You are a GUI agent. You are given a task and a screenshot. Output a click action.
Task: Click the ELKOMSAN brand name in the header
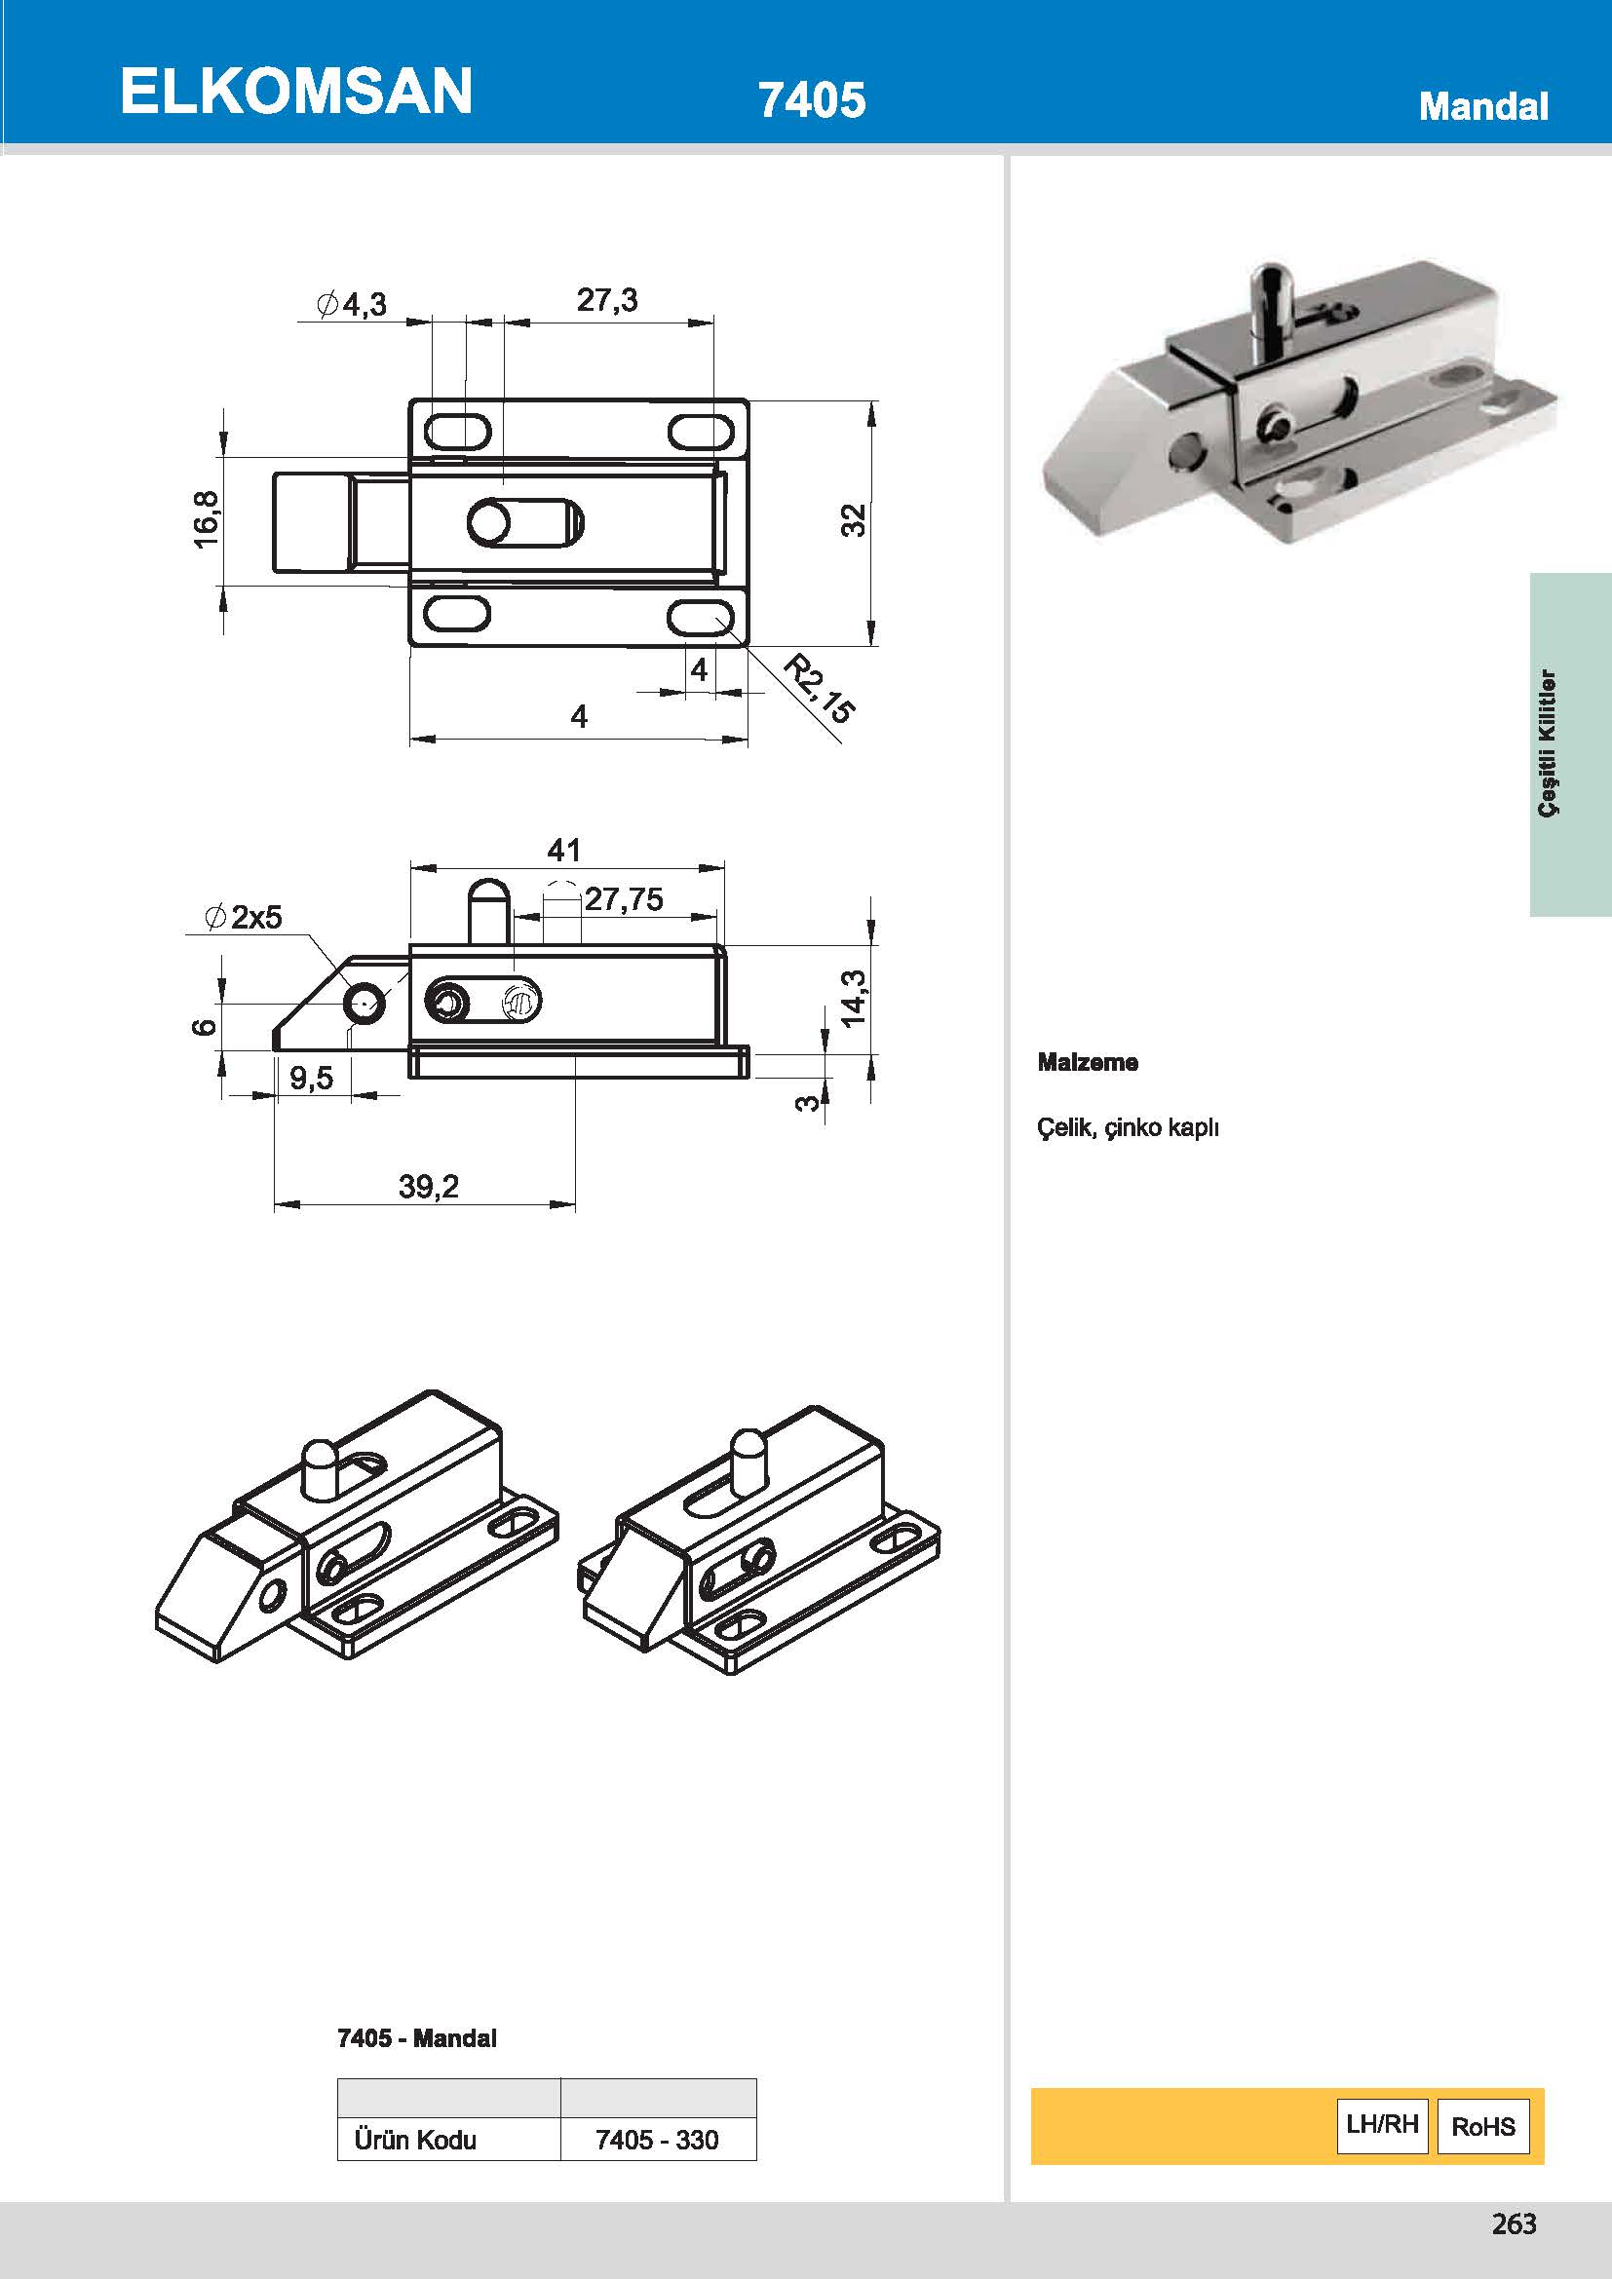click(296, 92)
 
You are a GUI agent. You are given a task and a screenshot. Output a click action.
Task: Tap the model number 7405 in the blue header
click(811, 100)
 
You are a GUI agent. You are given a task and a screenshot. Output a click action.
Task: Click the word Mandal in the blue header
click(1483, 106)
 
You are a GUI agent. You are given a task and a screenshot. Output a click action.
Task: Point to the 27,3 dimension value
click(607, 300)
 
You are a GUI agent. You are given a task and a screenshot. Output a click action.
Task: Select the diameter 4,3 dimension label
click(352, 304)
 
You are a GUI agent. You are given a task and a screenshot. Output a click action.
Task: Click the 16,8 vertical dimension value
click(207, 519)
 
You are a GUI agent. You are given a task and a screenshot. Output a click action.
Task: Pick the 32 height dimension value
click(854, 520)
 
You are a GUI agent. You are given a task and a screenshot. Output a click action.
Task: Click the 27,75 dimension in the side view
click(624, 899)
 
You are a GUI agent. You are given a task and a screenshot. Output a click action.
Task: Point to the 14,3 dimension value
click(853, 998)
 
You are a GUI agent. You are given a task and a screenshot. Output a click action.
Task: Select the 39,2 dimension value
click(429, 1186)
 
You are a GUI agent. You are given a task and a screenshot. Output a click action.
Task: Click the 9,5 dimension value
click(312, 1078)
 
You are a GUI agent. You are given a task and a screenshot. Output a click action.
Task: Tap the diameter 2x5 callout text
click(245, 917)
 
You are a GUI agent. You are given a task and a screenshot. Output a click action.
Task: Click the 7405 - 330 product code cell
click(657, 2139)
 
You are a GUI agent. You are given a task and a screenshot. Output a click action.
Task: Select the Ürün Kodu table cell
click(415, 2139)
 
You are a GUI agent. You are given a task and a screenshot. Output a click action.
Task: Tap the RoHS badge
click(1483, 2126)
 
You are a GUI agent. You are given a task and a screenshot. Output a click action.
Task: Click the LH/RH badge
click(1382, 2125)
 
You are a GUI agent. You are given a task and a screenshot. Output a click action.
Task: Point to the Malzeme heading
click(1088, 1062)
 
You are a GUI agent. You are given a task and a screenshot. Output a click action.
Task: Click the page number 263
click(1514, 2223)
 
